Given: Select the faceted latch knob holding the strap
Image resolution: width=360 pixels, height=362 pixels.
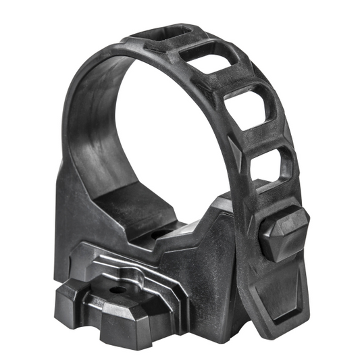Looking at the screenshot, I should [x=283, y=233].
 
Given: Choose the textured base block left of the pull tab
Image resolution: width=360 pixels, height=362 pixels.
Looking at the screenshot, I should [x=203, y=284].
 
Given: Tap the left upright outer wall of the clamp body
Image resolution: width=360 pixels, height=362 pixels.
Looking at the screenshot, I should [x=68, y=203].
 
